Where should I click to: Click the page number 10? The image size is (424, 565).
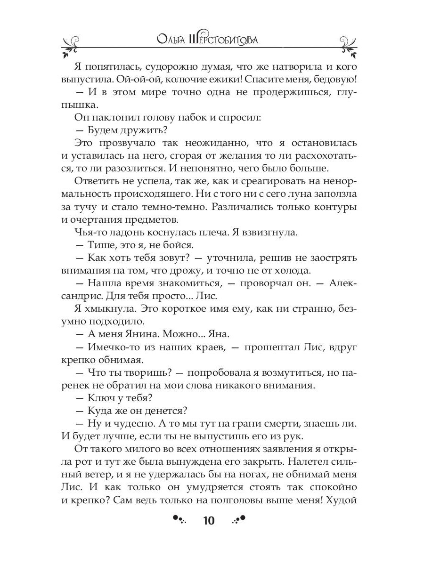tap(208, 521)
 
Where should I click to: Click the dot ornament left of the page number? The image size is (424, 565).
tap(179, 520)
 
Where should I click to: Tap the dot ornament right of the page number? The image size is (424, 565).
tap(239, 520)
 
